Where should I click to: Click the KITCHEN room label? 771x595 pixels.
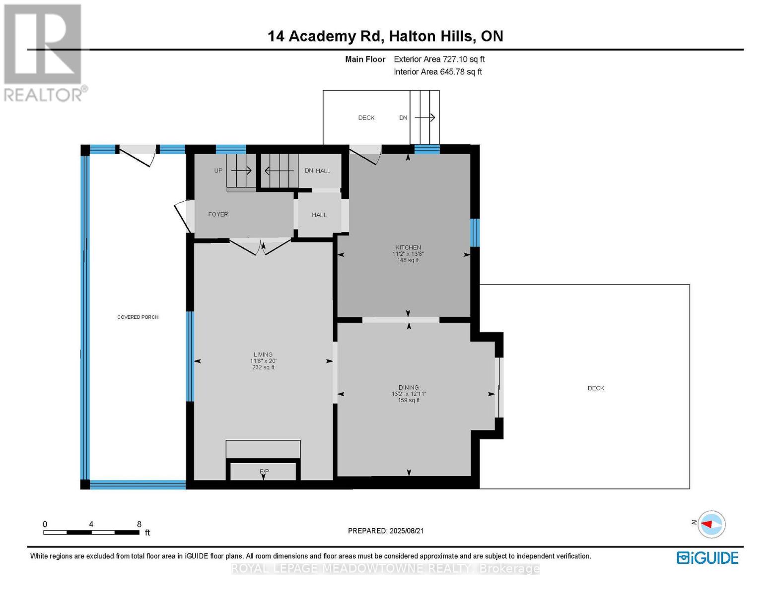(408, 247)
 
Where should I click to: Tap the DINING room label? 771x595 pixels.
(408, 387)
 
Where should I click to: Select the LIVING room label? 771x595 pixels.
(263, 355)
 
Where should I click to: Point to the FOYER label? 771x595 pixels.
(218, 214)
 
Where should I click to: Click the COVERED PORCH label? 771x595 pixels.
(138, 317)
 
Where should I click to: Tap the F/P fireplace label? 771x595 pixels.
(264, 471)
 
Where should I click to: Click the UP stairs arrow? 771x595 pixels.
(241, 171)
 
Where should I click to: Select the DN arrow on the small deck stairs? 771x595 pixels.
(424, 118)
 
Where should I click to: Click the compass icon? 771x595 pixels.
(711, 524)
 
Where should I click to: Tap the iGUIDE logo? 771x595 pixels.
(707, 558)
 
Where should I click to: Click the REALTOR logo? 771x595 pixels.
(44, 52)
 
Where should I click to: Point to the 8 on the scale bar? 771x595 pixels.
(139, 524)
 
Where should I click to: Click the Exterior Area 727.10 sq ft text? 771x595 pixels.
(439, 59)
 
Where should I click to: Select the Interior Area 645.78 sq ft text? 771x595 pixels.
(437, 72)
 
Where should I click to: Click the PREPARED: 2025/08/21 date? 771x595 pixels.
(385, 531)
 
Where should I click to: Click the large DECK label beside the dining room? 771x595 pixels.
(595, 388)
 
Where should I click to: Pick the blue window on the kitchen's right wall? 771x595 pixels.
(475, 233)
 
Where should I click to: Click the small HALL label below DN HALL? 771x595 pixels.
(319, 215)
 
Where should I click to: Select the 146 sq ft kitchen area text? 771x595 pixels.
(408, 260)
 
